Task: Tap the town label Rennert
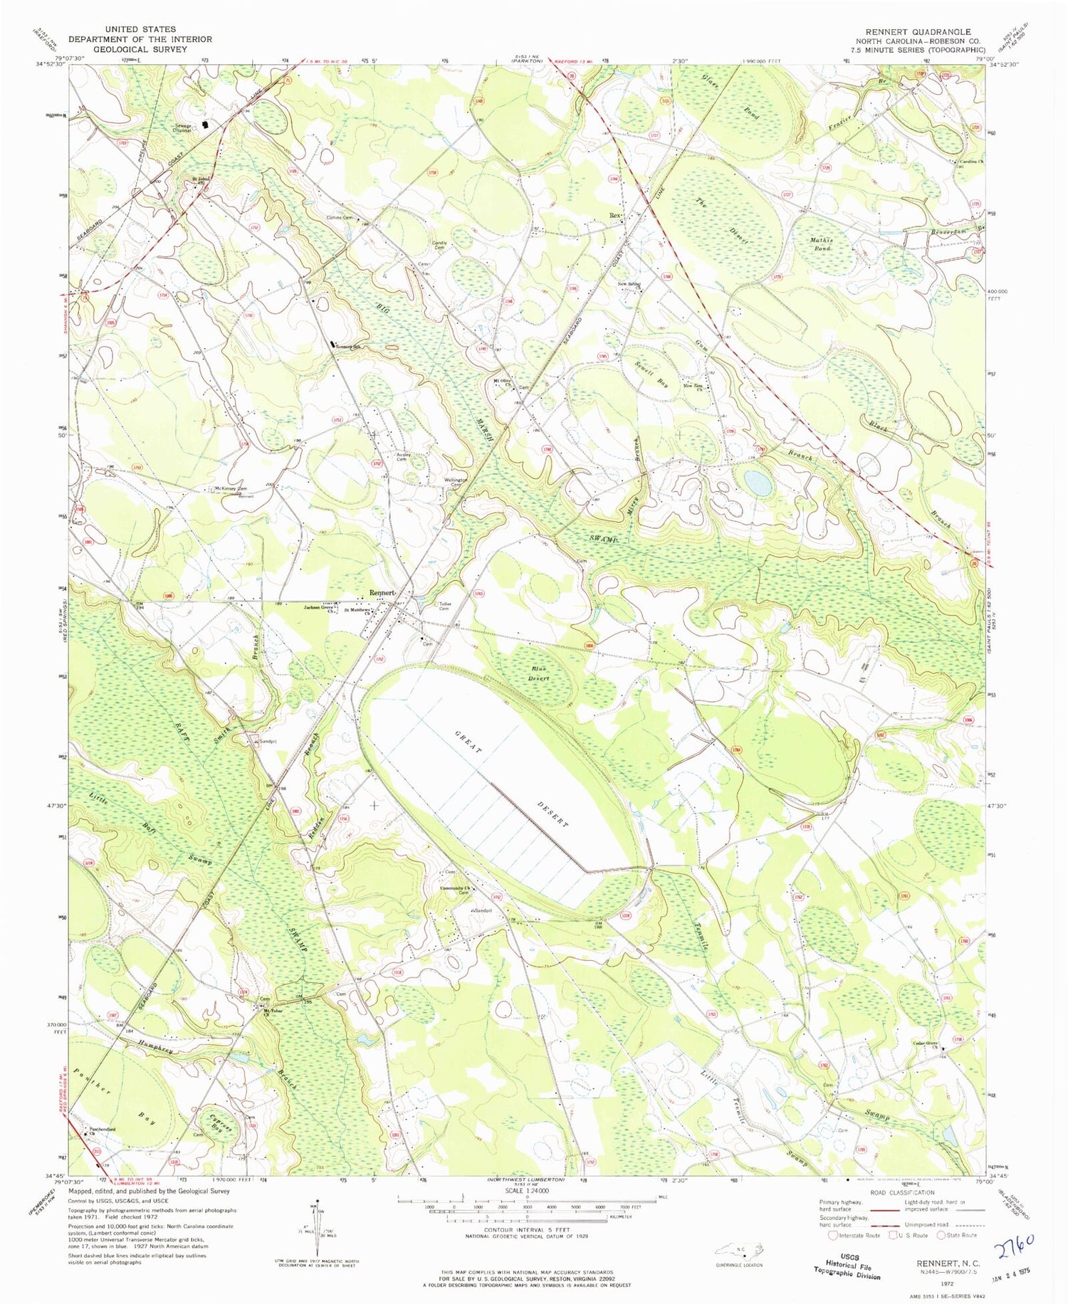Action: coord(383,592)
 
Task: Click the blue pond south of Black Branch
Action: coord(758,484)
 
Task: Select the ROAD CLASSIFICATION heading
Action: coord(904,1192)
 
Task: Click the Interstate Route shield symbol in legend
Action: coord(832,1235)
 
